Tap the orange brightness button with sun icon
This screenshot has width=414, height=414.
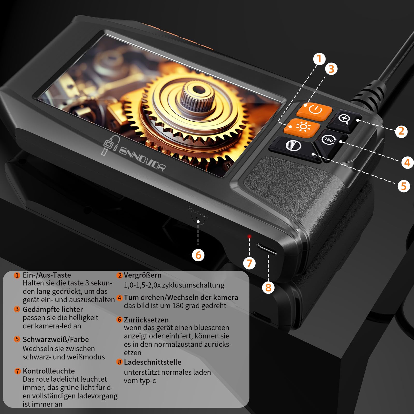click(302, 127)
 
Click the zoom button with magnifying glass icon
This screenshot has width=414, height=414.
click(344, 120)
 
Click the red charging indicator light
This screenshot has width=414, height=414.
click(249, 236)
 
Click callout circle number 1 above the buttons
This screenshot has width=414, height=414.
click(319, 59)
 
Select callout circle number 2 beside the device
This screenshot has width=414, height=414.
click(401, 131)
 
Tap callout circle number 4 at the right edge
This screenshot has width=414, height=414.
click(407, 162)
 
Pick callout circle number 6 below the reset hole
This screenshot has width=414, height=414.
click(198, 255)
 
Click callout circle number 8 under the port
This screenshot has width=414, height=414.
click(268, 287)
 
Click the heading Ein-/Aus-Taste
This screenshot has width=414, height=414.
click(47, 275)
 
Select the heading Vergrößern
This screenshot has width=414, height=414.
click(143, 275)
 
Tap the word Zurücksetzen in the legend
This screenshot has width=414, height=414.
click(146, 320)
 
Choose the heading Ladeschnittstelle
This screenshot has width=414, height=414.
click(152, 362)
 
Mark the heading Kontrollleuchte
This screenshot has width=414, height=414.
click(49, 371)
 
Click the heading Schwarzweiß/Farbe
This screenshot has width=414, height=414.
click(56, 339)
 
